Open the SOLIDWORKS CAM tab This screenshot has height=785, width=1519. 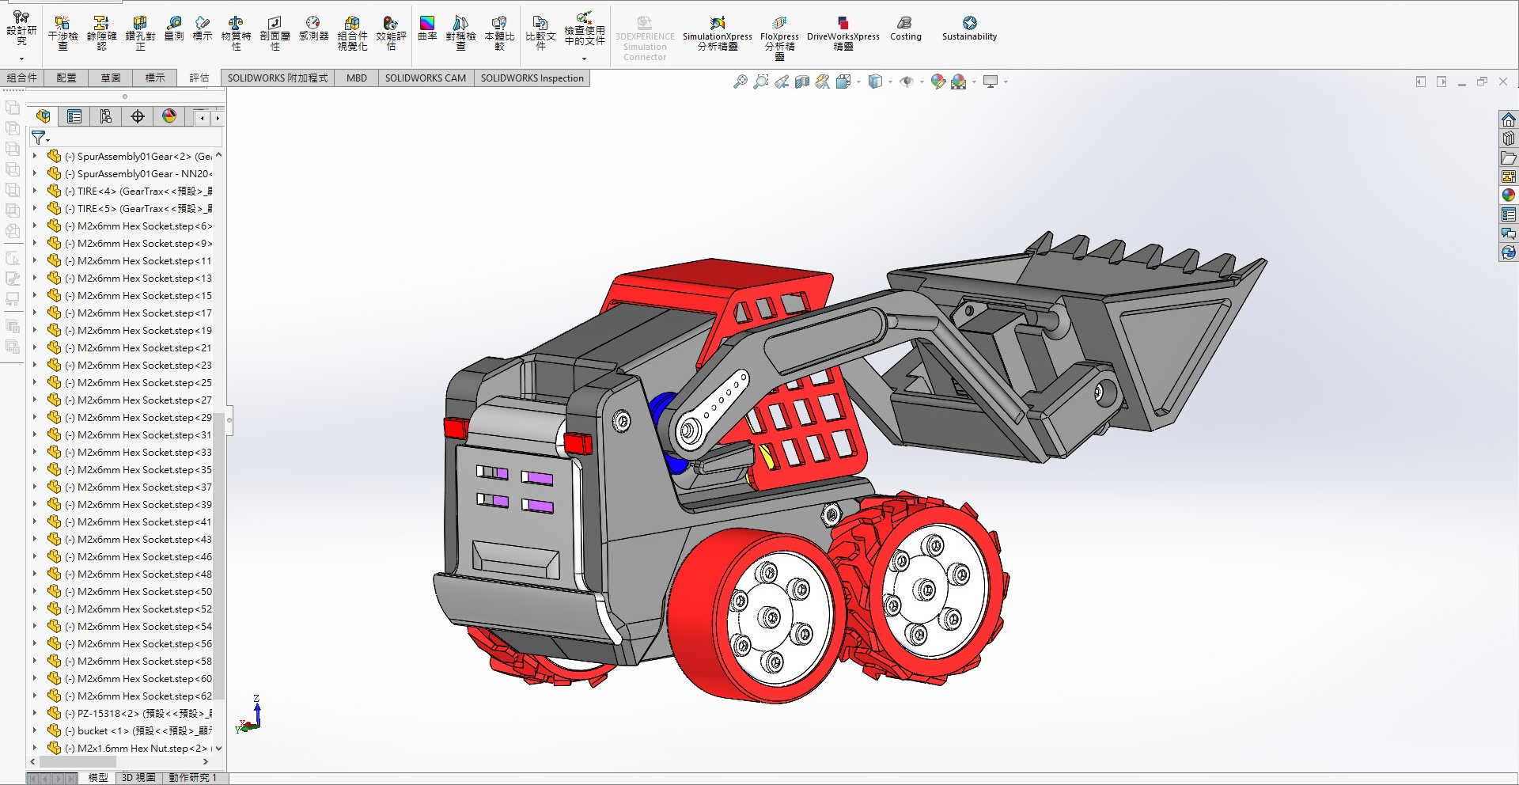point(425,78)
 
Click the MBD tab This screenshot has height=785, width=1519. point(356,78)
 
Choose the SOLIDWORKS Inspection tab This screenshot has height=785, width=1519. point(532,78)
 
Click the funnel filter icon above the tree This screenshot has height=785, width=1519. point(38,138)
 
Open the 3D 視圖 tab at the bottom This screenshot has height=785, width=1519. point(138,778)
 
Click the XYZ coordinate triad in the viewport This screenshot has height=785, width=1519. point(252,717)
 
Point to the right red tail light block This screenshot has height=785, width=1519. point(578,443)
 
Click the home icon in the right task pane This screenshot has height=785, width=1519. point(1508,119)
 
